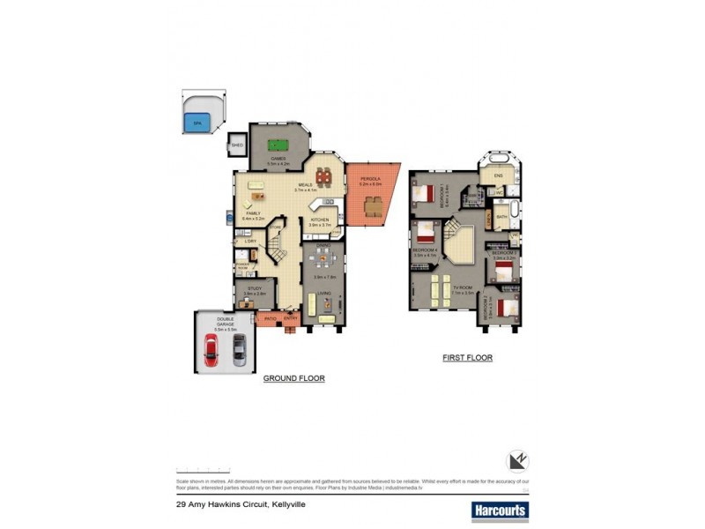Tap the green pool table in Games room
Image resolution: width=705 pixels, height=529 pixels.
pyautogui.click(x=278, y=146)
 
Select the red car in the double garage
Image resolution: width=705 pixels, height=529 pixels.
pyautogui.click(x=212, y=349)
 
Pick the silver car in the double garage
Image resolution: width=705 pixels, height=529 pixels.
pyautogui.click(x=239, y=349)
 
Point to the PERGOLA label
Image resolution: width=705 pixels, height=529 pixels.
pyautogui.click(x=370, y=180)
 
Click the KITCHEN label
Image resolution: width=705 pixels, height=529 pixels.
pyautogui.click(x=320, y=220)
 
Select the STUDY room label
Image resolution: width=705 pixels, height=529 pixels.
pyautogui.click(x=255, y=288)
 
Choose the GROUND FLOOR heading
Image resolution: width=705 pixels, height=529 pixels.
pyautogui.click(x=294, y=378)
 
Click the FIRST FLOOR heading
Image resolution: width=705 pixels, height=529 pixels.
pyautogui.click(x=467, y=358)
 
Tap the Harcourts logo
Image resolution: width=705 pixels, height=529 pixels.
pyautogui.click(x=499, y=510)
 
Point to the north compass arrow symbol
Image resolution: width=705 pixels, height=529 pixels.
pyautogui.click(x=517, y=461)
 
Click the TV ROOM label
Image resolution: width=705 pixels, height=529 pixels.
pyautogui.click(x=464, y=287)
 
